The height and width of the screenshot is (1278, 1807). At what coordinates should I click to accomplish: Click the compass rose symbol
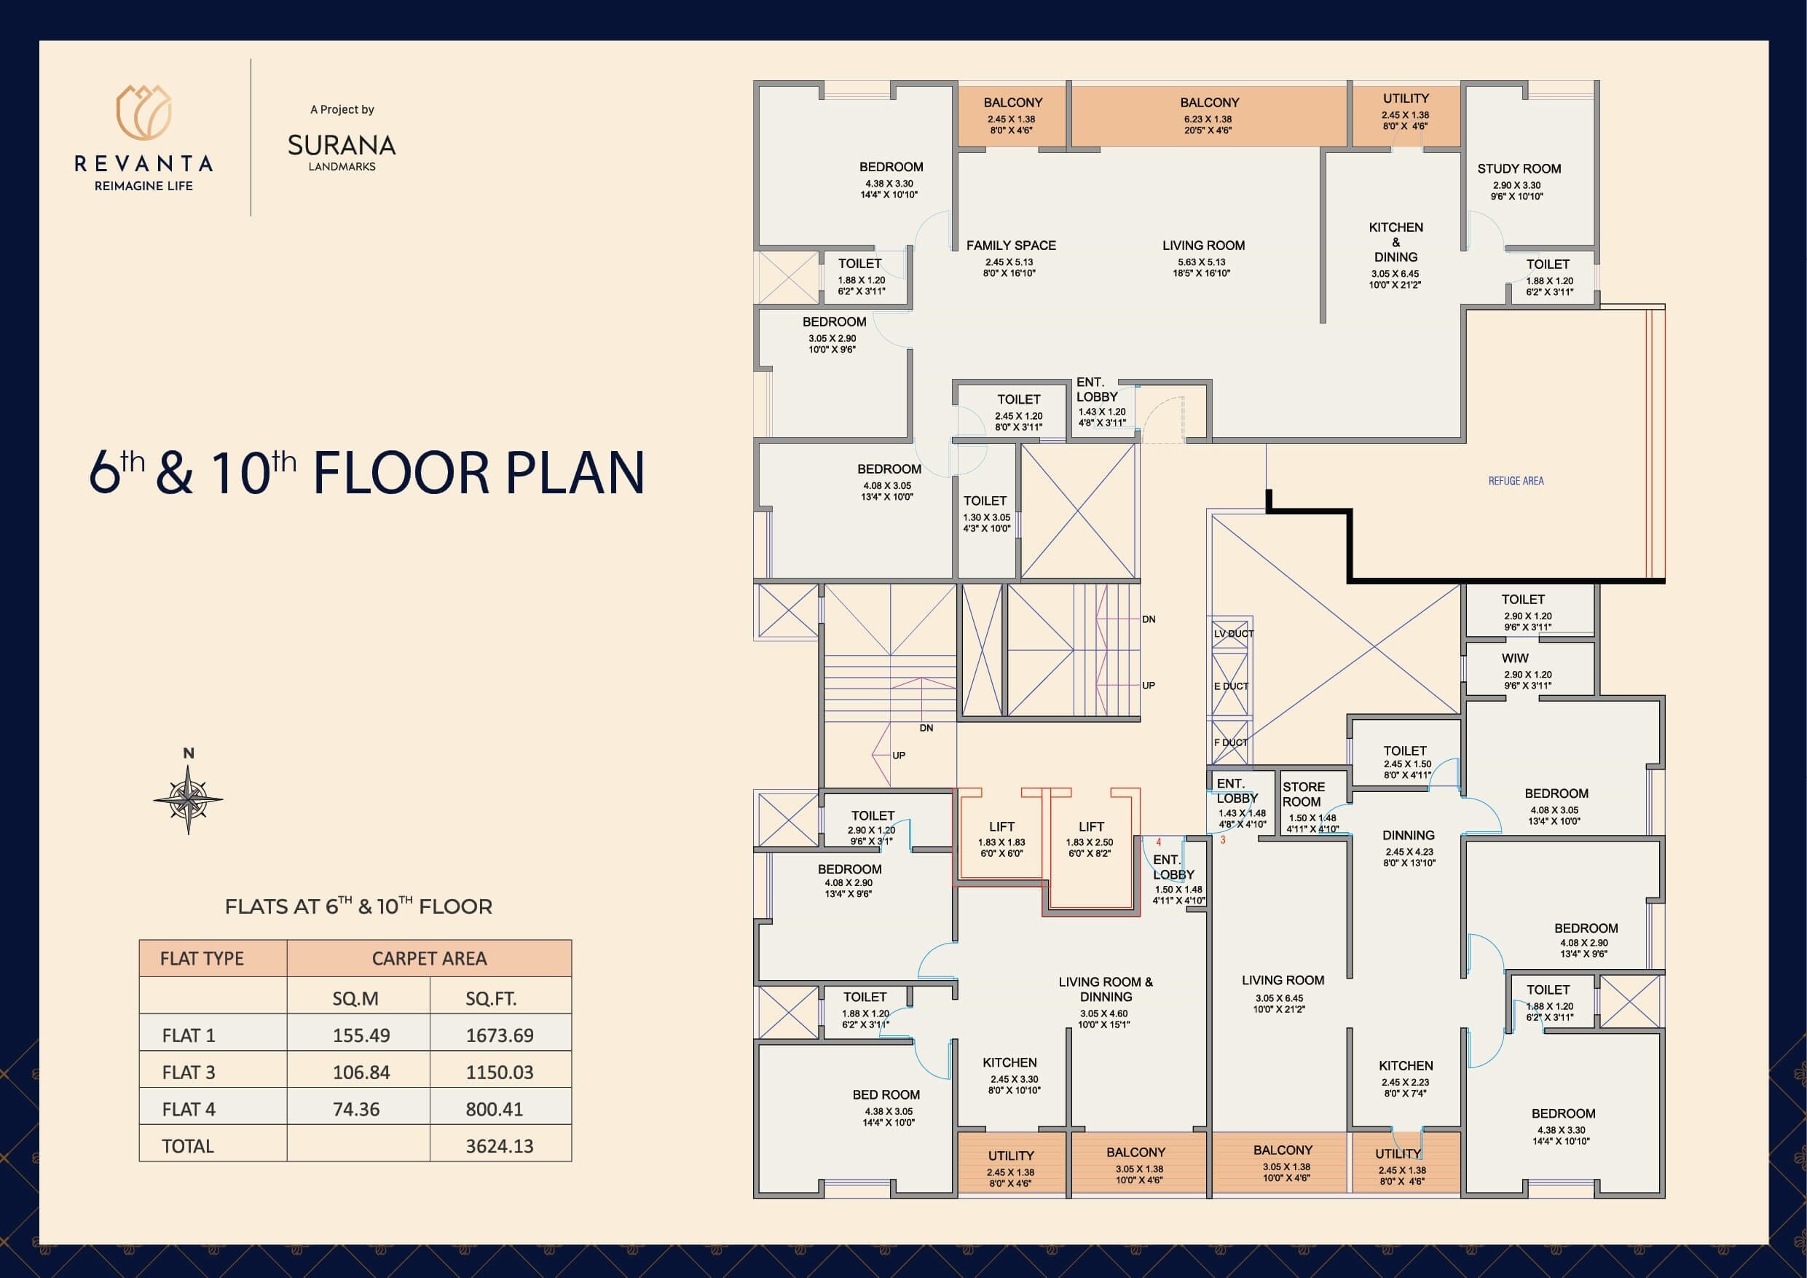[188, 800]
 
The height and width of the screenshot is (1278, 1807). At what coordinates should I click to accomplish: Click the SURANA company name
[342, 146]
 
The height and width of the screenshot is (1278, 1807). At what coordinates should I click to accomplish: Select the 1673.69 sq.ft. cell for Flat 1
[500, 1035]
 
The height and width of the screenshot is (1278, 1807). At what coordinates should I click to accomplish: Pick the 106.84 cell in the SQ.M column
[361, 1072]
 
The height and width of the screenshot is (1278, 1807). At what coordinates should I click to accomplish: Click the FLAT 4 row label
[189, 1109]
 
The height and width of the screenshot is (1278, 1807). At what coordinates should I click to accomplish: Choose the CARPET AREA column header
[429, 958]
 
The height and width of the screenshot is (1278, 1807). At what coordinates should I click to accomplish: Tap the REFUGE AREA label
[1516, 480]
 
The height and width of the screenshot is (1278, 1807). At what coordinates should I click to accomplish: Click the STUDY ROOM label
[1519, 168]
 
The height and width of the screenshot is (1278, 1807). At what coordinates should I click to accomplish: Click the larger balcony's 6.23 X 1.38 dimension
[1210, 119]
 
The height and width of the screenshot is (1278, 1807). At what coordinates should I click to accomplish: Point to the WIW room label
[1515, 658]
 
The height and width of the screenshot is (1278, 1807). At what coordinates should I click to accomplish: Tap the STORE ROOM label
[1303, 793]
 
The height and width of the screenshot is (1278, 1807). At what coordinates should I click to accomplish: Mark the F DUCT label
[1230, 742]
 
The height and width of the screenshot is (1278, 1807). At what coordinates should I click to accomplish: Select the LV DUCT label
[1233, 634]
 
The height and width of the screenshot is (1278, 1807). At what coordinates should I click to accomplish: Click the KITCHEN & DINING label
[1395, 242]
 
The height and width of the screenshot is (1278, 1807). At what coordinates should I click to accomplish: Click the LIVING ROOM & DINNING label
[1105, 989]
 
